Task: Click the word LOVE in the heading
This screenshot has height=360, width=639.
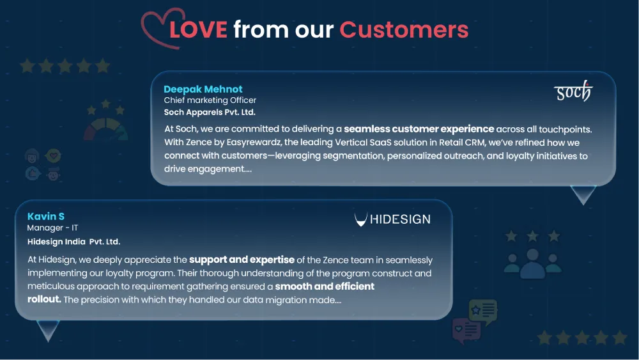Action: (x=198, y=30)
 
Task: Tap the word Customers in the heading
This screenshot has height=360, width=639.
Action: (x=404, y=30)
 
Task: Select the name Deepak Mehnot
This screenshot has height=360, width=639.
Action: (x=203, y=89)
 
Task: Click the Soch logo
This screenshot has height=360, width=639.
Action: (x=573, y=91)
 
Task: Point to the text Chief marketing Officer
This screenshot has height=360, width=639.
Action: (x=210, y=100)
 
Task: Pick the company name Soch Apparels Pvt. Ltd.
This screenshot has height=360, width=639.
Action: (x=210, y=112)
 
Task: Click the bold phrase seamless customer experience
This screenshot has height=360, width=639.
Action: (x=419, y=129)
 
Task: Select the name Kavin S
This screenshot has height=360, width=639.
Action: (x=45, y=217)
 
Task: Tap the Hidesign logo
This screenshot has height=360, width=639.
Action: (x=392, y=219)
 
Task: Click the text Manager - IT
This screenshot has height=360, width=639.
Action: (x=52, y=228)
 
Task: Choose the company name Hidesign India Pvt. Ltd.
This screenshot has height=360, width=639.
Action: (x=73, y=242)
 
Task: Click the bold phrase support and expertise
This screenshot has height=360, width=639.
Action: (x=242, y=260)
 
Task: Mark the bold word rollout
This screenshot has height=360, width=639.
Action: (x=44, y=299)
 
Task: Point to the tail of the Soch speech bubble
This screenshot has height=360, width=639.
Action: (x=583, y=194)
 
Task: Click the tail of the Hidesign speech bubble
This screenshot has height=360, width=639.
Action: (x=48, y=330)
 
